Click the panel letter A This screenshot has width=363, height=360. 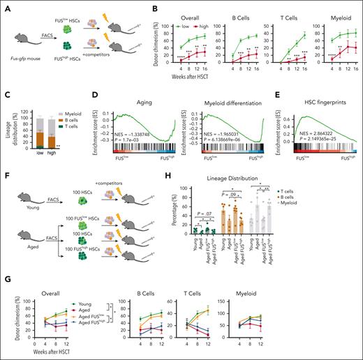tap(5, 6)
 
